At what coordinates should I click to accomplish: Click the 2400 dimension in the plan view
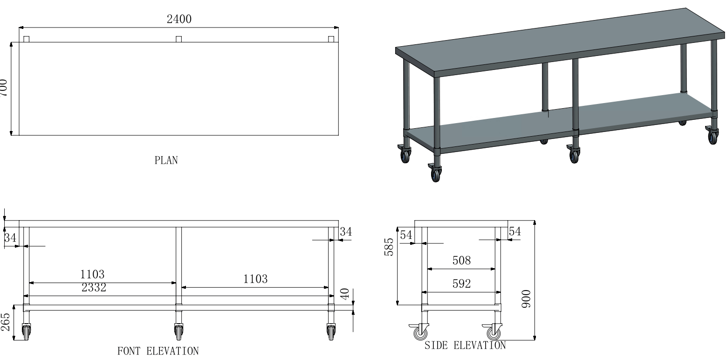(x=179, y=19)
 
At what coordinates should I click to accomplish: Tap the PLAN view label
(x=166, y=160)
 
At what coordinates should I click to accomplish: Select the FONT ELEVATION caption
(x=158, y=351)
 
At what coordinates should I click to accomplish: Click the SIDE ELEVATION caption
(x=465, y=346)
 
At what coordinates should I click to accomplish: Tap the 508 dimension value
(x=461, y=261)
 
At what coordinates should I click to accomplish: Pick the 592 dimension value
(x=461, y=284)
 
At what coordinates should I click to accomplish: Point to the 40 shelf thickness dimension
(x=345, y=294)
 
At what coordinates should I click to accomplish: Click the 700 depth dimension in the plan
(x=3, y=87)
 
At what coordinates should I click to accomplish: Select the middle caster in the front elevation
(x=178, y=332)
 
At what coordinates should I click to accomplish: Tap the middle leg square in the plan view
(x=178, y=39)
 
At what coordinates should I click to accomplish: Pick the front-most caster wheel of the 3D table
(x=436, y=174)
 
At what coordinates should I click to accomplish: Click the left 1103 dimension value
(x=92, y=274)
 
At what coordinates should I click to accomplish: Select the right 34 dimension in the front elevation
(x=345, y=231)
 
